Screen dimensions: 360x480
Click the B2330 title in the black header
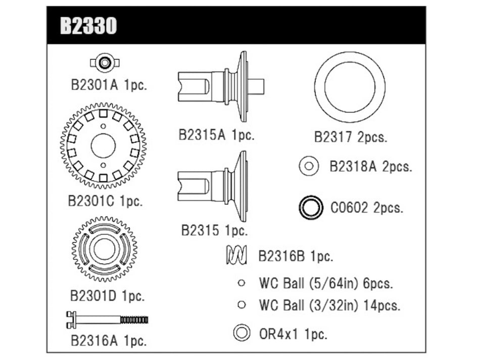(88, 26)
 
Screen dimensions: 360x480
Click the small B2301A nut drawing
(105, 63)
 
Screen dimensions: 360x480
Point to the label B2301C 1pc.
(105, 200)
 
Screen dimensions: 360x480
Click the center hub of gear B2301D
(105, 249)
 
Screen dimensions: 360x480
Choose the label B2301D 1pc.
(107, 295)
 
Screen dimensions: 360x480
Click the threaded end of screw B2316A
(134, 320)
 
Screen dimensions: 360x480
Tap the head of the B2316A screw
(71, 319)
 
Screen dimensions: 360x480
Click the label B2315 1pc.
(215, 231)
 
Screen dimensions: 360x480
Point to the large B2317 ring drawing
(349, 87)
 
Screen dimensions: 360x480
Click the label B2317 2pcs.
(351, 137)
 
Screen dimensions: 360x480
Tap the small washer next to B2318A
(309, 166)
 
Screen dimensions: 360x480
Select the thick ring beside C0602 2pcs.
(311, 208)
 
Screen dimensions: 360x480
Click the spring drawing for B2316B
(235, 255)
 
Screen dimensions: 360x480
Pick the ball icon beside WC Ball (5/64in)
(242, 283)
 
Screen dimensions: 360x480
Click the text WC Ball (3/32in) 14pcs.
(329, 305)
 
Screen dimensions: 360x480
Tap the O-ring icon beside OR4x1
(242, 333)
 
